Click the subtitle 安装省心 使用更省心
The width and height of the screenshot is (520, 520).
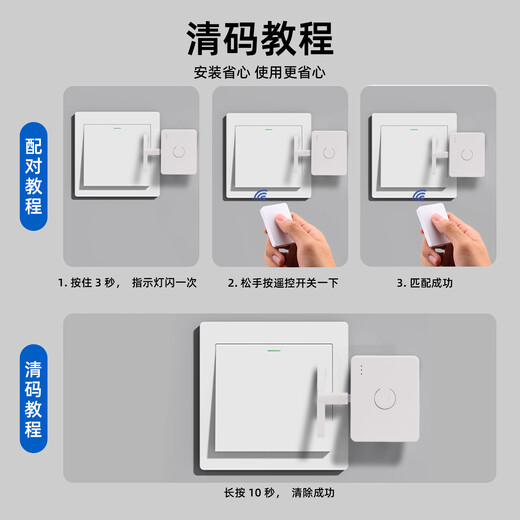(260, 72)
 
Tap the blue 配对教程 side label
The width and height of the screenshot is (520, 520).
(33, 176)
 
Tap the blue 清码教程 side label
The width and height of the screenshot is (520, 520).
(33, 399)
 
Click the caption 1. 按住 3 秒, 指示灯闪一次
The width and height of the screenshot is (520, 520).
(127, 283)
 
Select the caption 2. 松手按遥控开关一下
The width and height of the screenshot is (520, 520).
(283, 283)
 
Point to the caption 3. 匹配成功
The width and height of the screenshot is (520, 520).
(425, 283)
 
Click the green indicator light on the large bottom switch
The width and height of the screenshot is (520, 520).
(273, 350)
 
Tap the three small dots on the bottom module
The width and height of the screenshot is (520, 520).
(361, 370)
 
